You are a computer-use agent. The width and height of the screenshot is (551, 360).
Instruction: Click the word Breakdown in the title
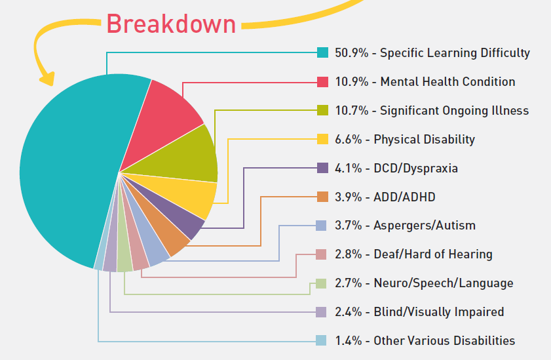(171, 24)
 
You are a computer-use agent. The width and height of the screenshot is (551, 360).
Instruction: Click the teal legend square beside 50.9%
(322, 53)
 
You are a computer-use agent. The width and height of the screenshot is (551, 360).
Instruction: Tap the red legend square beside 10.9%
(322, 82)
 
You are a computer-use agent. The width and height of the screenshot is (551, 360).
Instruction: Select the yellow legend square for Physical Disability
(322, 139)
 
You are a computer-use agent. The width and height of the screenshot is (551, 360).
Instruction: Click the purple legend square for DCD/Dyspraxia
(322, 168)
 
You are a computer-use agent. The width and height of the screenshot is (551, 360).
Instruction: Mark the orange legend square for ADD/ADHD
(322, 197)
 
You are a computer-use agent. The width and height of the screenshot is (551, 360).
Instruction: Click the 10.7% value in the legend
(349, 111)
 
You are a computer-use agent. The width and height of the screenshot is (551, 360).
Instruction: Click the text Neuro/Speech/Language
(444, 283)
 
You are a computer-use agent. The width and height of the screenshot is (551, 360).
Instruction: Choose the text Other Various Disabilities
(444, 341)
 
